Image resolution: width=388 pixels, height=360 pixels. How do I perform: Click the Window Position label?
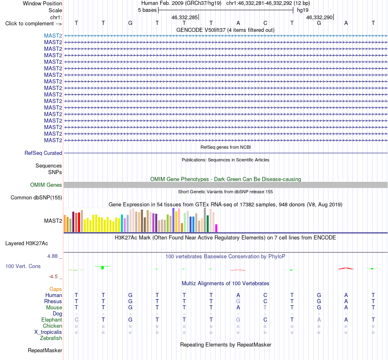coord(42,3)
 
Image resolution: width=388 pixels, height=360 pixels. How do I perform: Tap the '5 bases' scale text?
coord(147,10)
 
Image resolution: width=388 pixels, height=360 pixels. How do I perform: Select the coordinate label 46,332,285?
coord(185,17)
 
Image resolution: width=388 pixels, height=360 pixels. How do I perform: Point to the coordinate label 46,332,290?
coord(319,17)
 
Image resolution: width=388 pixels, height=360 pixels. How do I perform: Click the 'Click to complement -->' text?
coord(33,24)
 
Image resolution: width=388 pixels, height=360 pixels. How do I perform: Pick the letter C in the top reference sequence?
coord(265,23)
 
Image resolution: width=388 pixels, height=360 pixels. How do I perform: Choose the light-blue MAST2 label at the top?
coord(53,36)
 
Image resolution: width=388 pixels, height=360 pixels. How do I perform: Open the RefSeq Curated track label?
coord(43,153)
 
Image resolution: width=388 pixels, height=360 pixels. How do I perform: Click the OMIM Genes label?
coord(46,185)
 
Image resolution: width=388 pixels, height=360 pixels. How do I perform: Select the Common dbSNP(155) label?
coord(36,198)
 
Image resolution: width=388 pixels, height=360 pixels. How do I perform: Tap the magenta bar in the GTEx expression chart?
coord(216,228)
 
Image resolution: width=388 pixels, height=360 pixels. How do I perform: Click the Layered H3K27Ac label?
coord(27,244)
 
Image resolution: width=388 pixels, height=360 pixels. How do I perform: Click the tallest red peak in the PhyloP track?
coord(346,268)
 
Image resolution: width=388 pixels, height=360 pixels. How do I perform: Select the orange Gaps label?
coord(56,289)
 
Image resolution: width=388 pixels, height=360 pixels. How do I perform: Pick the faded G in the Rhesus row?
coord(238,301)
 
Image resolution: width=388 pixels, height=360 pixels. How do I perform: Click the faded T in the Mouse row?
coord(265,308)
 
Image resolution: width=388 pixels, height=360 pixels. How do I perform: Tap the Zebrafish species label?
coord(51,338)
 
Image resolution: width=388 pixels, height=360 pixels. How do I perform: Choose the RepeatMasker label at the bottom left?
coord(45,350)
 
